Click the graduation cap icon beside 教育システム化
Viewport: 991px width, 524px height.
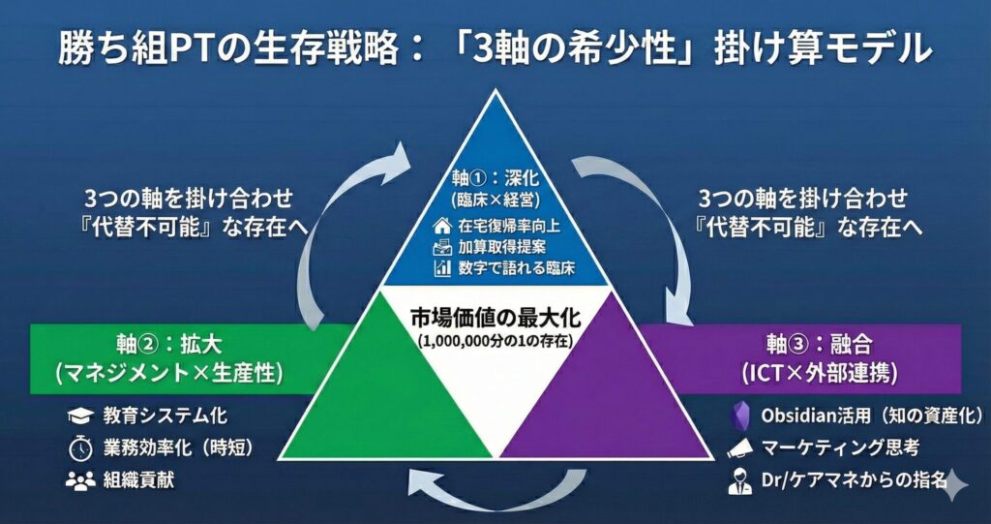tap(78, 416)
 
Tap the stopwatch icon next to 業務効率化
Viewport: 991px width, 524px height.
tap(78, 447)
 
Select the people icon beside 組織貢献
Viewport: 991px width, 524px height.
tap(78, 478)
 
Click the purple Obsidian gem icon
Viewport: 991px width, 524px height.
tap(740, 416)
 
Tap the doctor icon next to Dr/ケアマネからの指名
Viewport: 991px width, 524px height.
tap(740, 478)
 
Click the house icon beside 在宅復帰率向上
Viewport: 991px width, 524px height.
tap(443, 225)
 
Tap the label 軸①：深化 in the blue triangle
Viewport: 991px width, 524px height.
tap(495, 179)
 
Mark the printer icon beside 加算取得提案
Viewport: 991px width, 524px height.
tap(443, 247)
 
